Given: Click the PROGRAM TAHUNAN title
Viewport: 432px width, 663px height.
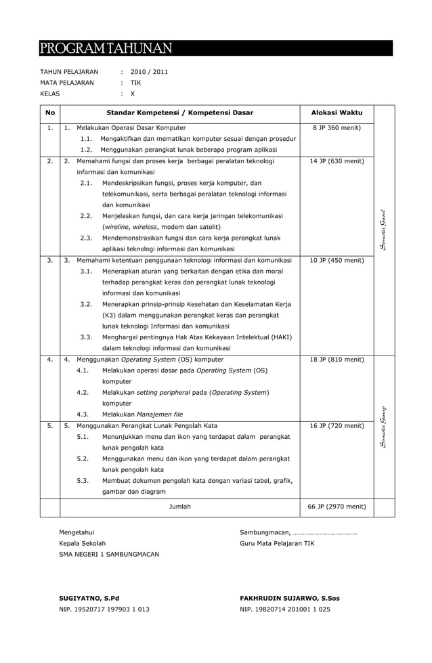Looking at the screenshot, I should click(x=106, y=49).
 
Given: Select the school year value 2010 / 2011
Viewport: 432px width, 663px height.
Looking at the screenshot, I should click(x=149, y=71).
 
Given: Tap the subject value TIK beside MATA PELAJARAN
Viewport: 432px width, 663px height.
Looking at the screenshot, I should click(x=135, y=83).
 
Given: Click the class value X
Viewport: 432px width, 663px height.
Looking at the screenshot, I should click(x=133, y=94).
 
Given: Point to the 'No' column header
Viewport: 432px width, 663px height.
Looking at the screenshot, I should click(x=50, y=112).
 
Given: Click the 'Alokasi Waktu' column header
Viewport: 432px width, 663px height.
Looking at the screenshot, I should click(x=337, y=112).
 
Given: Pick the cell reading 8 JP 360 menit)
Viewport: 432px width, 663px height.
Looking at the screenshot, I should click(x=337, y=127).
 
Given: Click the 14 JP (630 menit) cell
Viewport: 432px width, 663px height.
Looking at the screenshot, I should click(x=337, y=161).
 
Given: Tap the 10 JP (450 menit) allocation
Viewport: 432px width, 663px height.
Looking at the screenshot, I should click(x=337, y=260).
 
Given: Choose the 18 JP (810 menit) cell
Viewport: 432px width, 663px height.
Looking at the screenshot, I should click(x=337, y=359).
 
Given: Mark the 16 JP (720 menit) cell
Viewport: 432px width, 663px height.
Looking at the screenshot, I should click(x=337, y=425).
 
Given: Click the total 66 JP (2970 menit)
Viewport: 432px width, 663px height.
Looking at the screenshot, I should click(x=337, y=506).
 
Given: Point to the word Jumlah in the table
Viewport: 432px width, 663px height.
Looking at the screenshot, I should click(x=179, y=506).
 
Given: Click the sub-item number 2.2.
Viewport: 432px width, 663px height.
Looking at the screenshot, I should click(x=86, y=216).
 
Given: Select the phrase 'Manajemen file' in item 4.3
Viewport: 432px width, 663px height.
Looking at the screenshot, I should click(x=159, y=414).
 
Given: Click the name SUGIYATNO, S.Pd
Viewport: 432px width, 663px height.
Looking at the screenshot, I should click(x=89, y=598).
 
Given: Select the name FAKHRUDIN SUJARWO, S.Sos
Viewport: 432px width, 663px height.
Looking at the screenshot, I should click(x=290, y=598).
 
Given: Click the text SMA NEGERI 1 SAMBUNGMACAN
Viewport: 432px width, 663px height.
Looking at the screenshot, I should click(x=109, y=554).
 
